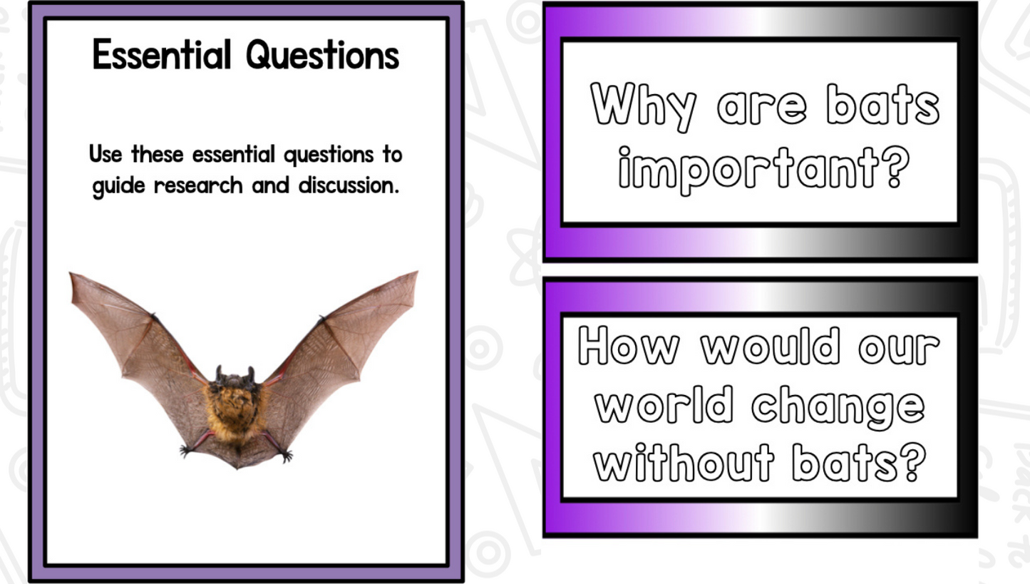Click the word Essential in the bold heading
(x=161, y=54)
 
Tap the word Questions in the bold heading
(x=322, y=56)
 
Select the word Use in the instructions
(x=105, y=154)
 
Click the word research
(x=198, y=185)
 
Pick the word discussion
(x=349, y=185)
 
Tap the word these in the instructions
(x=158, y=154)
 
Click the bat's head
(x=235, y=379)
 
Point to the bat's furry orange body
(x=235, y=411)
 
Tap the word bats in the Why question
(x=882, y=105)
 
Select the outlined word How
(x=628, y=346)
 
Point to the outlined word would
(x=771, y=346)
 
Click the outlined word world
(x=664, y=404)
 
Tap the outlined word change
(x=838, y=407)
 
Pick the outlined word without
(x=684, y=462)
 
